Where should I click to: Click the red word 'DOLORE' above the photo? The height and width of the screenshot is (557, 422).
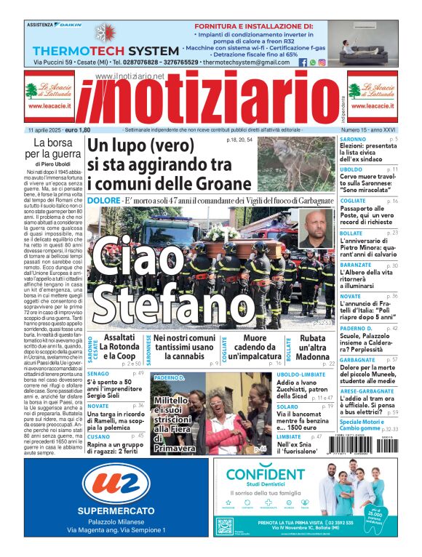(x=104, y=200)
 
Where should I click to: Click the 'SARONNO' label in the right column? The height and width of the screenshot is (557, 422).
(x=353, y=139)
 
